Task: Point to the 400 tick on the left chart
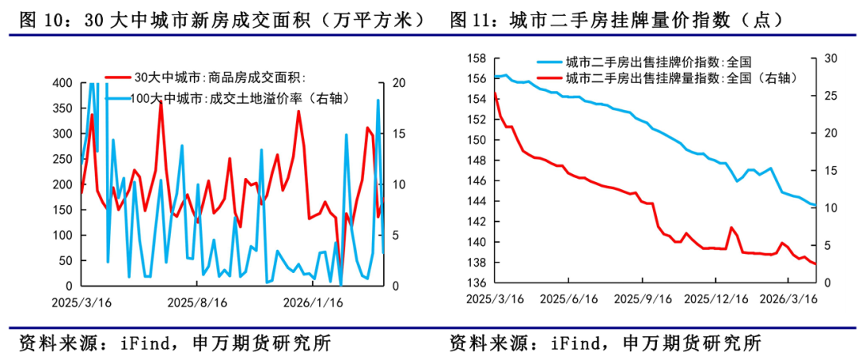pos(61,83)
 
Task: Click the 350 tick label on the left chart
pos(61,109)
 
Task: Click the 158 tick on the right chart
pos(476,58)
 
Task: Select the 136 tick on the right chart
pos(476,283)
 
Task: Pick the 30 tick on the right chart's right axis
pos(829,58)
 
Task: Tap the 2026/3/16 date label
pos(790,299)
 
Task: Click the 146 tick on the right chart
pos(476,181)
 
